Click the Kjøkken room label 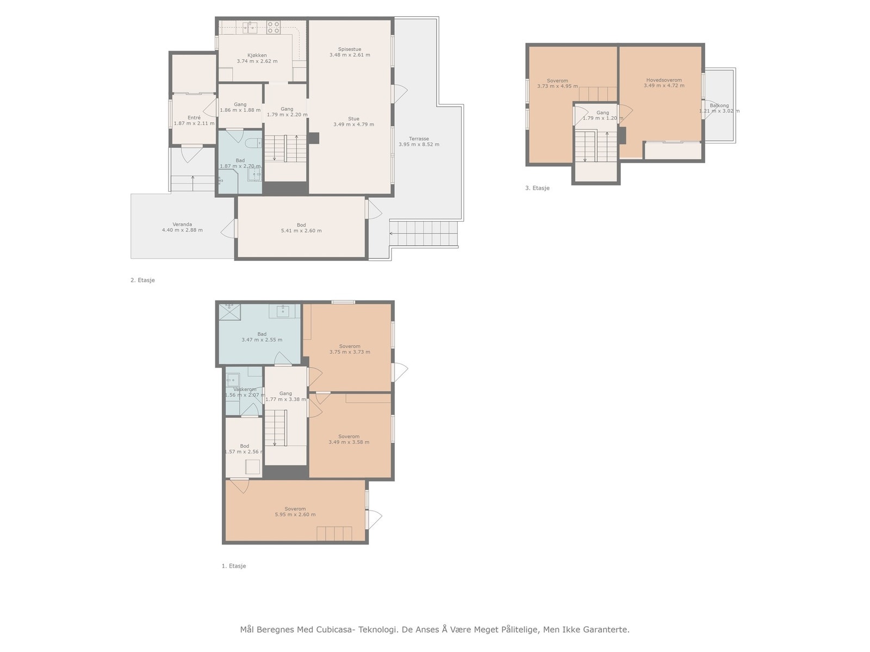257,55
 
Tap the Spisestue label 349,49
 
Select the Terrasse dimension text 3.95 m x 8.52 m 419,145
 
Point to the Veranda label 182,224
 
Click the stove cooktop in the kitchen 274,27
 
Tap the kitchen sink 251,27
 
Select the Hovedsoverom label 664,80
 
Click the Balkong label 719,105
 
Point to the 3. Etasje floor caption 537,188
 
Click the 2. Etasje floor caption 142,280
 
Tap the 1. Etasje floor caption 234,566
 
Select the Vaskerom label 245,389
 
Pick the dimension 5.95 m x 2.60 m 295,515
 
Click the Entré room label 194,117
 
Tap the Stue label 353,119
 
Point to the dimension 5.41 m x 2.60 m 301,231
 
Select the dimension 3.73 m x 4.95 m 557,86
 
